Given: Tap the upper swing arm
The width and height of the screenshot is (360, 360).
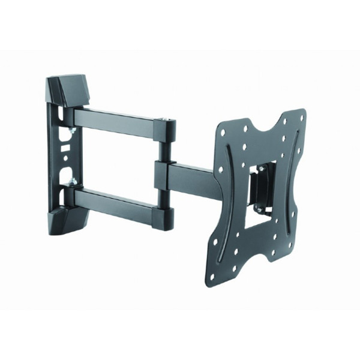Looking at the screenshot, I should click(114, 120).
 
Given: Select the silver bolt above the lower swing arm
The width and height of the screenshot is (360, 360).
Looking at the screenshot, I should click(71, 181).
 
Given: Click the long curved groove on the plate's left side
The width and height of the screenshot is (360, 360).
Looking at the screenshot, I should click(227, 198).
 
